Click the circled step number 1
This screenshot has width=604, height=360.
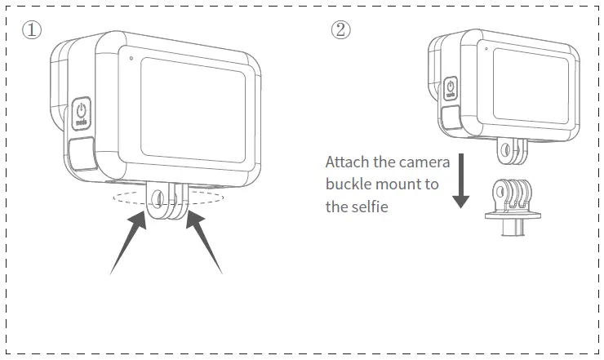pos(30,30)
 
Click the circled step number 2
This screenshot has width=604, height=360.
pos(340,30)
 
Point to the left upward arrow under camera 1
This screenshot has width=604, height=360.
pos(130,244)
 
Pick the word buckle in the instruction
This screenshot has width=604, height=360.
pos(347,184)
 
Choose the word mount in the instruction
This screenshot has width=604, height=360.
pos(403,184)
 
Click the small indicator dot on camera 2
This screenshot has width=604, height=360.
pos(486,49)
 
